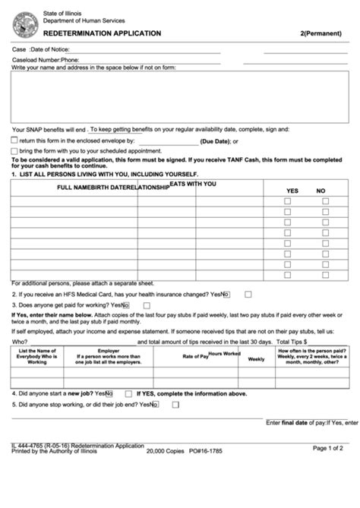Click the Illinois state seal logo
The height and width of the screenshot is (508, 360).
[x=25, y=24]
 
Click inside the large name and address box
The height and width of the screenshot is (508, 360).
[x=179, y=96]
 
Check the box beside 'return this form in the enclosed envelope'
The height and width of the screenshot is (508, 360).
[x=14, y=140]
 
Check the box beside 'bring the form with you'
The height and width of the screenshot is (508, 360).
[x=14, y=151]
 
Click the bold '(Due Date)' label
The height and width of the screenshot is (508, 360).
[x=215, y=141]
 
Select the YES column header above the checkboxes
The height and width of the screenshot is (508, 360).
[x=292, y=190]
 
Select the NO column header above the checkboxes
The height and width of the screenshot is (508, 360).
[x=321, y=190]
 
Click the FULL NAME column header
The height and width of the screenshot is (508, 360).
[x=79, y=187]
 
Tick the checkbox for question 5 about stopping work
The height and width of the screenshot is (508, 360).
[x=175, y=405]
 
